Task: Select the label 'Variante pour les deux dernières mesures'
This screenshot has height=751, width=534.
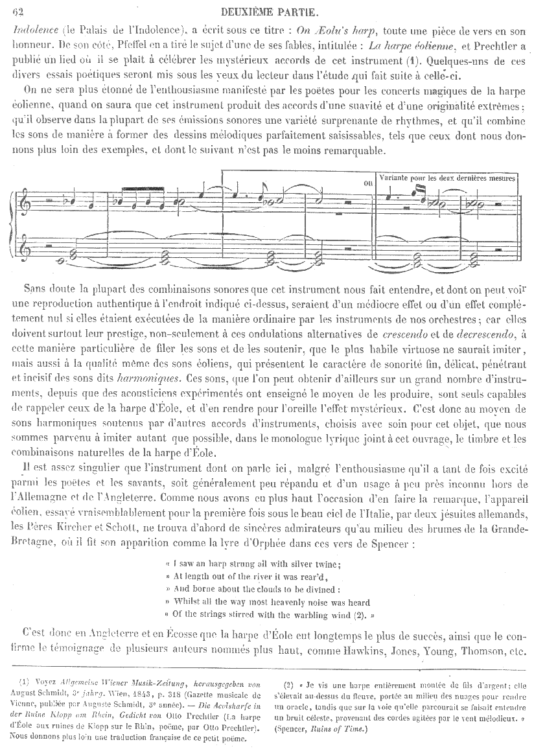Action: click(447, 178)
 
